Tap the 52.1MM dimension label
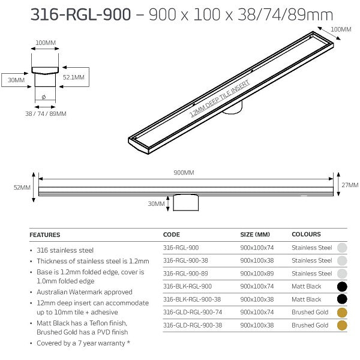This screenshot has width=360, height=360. coord(74,77)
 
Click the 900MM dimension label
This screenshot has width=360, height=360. coord(184,173)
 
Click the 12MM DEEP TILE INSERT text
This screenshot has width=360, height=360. coord(219,98)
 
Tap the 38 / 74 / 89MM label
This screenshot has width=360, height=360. coord(46,113)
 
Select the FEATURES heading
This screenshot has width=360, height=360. coord(45,235)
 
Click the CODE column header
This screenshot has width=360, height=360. coord(172,235)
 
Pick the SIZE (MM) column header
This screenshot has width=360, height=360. coord(254,235)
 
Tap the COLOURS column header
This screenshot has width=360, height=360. coord(306,235)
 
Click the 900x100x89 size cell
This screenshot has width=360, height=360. coord(257,273)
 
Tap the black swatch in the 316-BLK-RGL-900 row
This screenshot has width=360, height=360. coord(342,286)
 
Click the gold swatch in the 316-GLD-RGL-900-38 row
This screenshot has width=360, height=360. coord(342,325)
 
